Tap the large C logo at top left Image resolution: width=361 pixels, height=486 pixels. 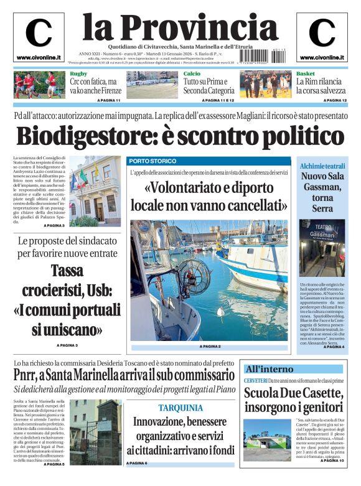tap(39, 34)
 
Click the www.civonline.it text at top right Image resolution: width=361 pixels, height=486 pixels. tap(322, 58)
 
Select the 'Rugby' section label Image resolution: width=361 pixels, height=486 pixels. tap(78, 74)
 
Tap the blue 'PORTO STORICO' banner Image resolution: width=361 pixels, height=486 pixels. tap(152, 161)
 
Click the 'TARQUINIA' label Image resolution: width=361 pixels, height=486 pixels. tap(180, 408)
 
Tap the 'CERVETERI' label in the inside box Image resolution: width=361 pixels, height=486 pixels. tap(255, 380)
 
